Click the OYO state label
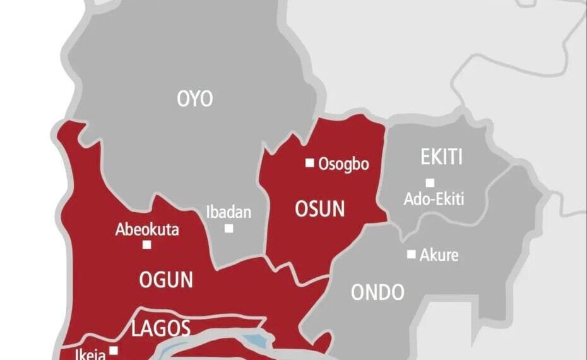coord(195,99)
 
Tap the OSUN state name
coord(320,209)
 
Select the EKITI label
coord(442,157)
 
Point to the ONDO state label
coord(377,292)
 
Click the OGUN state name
coord(166,279)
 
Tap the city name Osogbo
coord(343,164)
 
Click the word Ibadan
coord(228,212)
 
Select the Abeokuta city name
coord(146,229)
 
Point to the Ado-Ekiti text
coord(434,200)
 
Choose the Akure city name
coord(439,255)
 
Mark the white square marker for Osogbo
coord(309,163)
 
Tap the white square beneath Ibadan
coord(228,228)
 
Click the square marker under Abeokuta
coord(146,244)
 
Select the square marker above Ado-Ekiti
coord(430,183)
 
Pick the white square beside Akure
coord(411,255)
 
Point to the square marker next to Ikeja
coord(114,351)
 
